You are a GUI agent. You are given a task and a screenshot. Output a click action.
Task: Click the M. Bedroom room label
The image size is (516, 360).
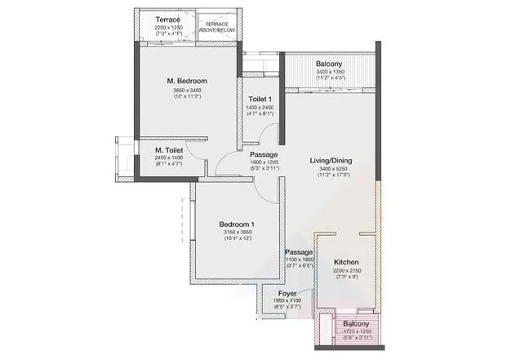tap(186, 81)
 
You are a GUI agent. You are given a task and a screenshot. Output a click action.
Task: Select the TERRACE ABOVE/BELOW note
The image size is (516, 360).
tap(216, 27)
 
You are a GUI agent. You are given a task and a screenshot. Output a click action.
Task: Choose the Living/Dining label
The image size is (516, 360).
tap(330, 161)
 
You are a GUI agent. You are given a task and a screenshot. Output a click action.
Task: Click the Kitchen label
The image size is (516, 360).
tap(347, 262)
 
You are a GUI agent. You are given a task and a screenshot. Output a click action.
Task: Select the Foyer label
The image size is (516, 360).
tap(287, 293)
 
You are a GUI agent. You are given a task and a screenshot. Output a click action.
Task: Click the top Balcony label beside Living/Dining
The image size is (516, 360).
tap(331, 64)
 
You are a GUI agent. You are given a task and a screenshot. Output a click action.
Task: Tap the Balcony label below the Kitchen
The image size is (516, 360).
tap(356, 324)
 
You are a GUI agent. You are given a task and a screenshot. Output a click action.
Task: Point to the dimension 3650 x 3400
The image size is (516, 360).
tap(187, 91)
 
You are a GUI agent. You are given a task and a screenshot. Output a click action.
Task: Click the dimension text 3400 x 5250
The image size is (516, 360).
tap(330, 171)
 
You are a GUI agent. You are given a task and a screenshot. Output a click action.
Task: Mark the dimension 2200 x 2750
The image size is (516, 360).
tap(347, 271)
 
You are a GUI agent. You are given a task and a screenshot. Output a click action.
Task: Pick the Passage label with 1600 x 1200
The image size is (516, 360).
tap(264, 154)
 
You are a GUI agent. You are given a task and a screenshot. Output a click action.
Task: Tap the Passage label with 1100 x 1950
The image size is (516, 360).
tap(298, 253)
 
